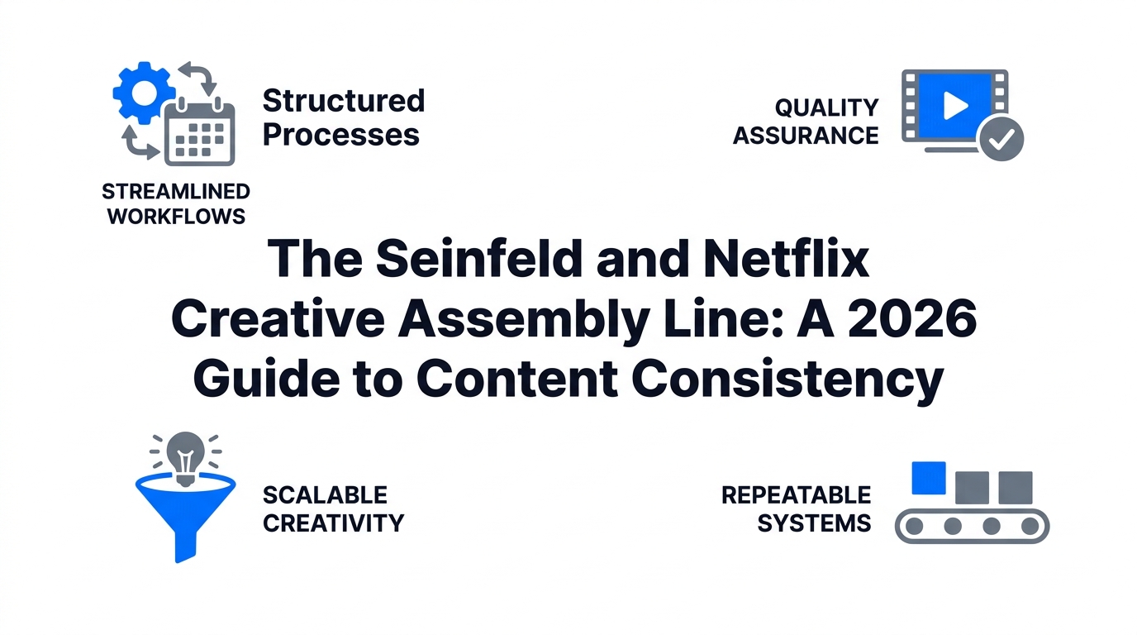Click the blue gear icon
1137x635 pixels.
click(144, 93)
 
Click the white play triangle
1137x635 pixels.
click(955, 106)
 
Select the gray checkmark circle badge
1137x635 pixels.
click(1001, 139)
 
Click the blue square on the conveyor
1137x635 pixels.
click(929, 478)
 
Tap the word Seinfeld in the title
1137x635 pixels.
click(478, 259)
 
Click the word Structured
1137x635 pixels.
click(344, 101)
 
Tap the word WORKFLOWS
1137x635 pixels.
click(176, 217)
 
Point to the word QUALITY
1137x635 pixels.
click(826, 107)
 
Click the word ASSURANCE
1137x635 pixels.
click(806, 136)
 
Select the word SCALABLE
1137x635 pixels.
click(325, 494)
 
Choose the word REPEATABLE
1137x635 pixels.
click(796, 494)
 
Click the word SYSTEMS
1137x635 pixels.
click(814, 523)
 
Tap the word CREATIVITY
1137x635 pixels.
click(334, 523)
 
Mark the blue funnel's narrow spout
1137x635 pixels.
click(185, 545)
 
